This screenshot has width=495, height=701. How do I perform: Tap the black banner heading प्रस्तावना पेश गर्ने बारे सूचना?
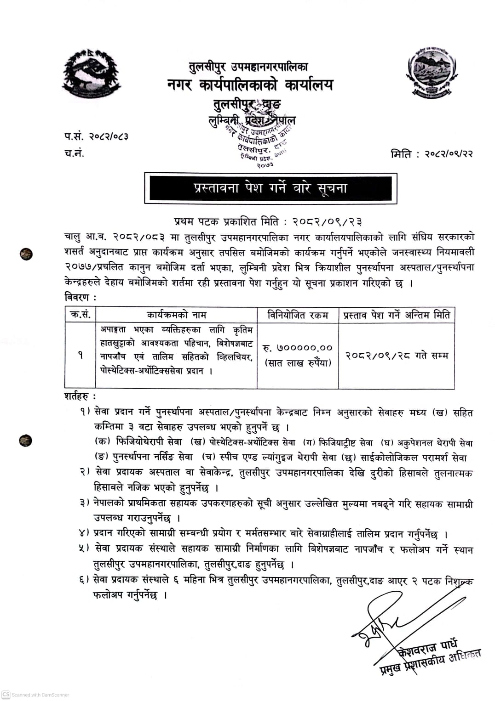pos(270,188)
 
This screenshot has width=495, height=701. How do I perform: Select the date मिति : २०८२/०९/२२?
pos(432,153)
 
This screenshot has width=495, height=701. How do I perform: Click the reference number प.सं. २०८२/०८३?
pos(96,136)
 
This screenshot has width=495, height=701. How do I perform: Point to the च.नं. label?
pos(74,153)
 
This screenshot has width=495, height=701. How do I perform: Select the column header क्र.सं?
pos(81,315)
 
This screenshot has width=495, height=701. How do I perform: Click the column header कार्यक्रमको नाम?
pos(177,315)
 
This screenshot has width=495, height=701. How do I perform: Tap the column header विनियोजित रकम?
pos(298,315)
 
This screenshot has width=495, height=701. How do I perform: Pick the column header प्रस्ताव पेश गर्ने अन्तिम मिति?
pos(397,315)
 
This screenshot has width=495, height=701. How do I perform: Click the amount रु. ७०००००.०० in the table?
pos(298,348)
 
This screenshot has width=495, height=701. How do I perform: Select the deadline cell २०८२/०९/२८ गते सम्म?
pos(397,355)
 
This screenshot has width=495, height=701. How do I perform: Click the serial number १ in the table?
pos(81,355)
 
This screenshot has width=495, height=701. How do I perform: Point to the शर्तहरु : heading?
pos(81,396)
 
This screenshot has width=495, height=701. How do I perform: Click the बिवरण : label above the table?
pos(81,297)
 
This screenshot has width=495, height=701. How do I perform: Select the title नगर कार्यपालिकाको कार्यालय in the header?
pos(250,85)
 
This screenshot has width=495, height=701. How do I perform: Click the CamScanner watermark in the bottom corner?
pos(35,695)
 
